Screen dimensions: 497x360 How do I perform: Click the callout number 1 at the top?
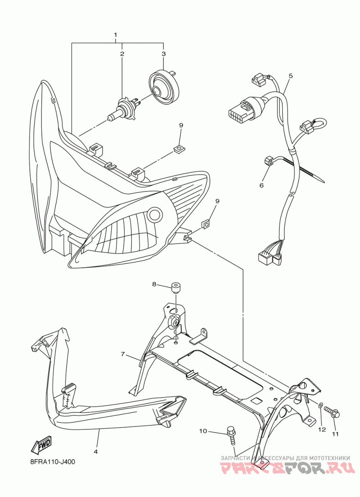point(116,35)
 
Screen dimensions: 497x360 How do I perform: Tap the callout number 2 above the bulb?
point(122,54)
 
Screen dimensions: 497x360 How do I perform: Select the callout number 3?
point(163,54)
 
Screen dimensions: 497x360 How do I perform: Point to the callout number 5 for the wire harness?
point(291,76)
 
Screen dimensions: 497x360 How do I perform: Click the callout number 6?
point(261,185)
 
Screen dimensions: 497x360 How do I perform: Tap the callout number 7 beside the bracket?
point(122,354)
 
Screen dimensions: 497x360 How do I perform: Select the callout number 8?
point(154,284)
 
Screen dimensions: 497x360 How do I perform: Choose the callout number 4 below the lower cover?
point(96,451)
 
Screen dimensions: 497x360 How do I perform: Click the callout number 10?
point(203,431)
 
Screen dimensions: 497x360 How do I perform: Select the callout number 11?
point(335,434)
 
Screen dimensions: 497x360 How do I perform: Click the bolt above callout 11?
point(333,412)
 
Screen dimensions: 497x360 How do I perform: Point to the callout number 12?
point(322,429)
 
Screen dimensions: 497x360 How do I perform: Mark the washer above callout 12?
point(320,406)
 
